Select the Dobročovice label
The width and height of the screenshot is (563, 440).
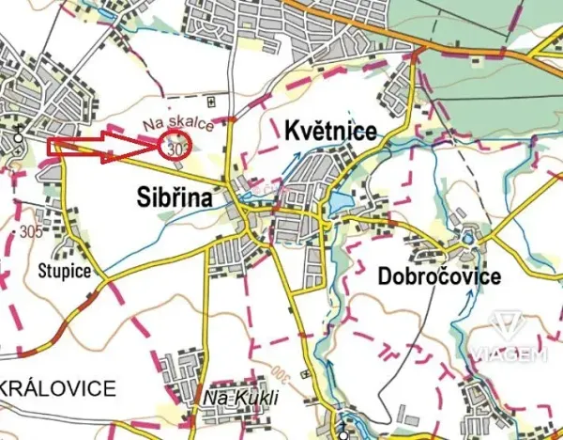pos(438,276)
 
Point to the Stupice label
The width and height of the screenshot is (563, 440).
pos(65,272)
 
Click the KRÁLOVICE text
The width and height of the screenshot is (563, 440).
pos(58,387)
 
